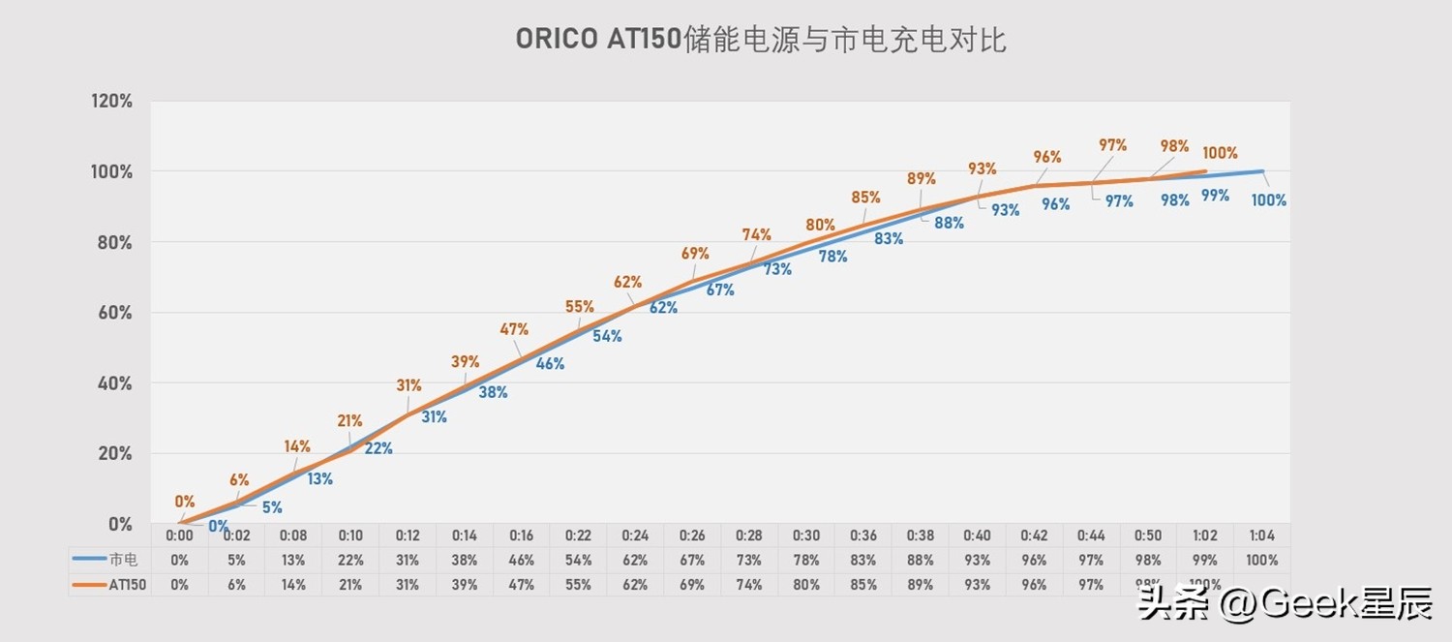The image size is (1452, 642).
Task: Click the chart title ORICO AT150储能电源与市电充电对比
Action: (x=760, y=40)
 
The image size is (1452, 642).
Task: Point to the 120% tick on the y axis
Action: (x=111, y=101)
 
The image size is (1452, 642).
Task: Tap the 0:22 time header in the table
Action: (x=578, y=535)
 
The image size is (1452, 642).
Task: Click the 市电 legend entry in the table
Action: (x=109, y=560)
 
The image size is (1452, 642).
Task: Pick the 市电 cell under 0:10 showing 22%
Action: (x=349, y=560)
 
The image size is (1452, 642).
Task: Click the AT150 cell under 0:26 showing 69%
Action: (x=692, y=585)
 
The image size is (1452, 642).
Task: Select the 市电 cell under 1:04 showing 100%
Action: (x=1261, y=560)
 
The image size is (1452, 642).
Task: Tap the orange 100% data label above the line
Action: (x=1220, y=153)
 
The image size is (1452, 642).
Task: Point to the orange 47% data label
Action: (x=514, y=329)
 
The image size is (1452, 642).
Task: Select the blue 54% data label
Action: (x=607, y=336)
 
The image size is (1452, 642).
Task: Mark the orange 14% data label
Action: (x=297, y=446)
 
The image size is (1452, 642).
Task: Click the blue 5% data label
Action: (x=272, y=507)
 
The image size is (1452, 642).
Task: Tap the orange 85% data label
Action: (x=865, y=198)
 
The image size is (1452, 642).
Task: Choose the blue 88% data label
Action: (x=949, y=223)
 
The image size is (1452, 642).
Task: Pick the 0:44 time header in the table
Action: (x=1091, y=535)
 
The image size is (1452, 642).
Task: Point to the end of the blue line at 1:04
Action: (x=1262, y=171)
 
